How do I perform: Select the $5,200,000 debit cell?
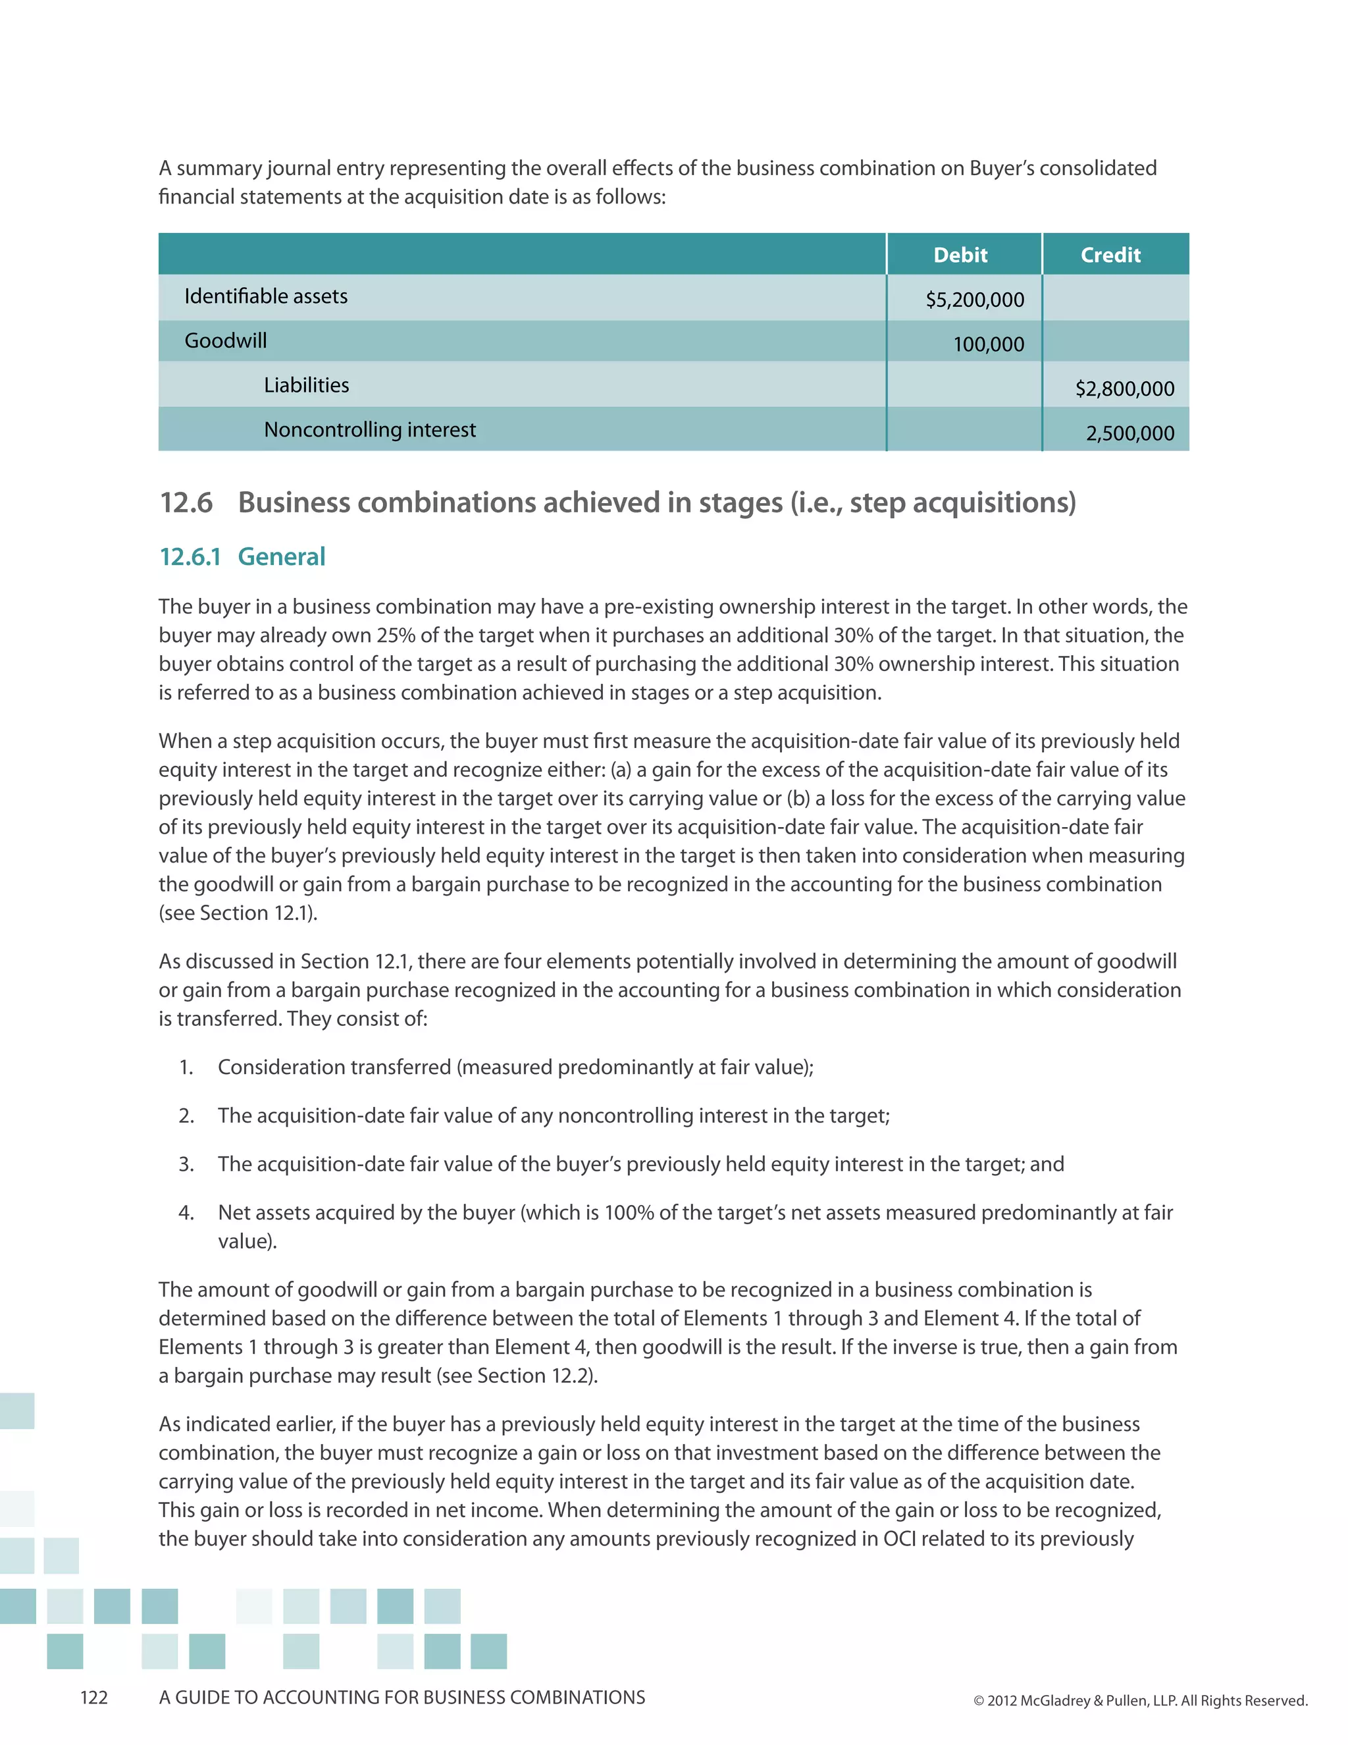click(974, 300)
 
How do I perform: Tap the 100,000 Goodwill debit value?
click(988, 344)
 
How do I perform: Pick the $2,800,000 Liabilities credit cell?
click(1124, 389)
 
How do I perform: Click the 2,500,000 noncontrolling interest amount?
click(1129, 434)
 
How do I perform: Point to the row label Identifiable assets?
click(266, 296)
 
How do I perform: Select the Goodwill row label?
click(226, 341)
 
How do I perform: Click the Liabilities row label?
click(307, 385)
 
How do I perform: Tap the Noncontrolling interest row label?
click(370, 430)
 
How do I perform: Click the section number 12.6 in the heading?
click(186, 502)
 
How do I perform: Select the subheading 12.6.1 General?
click(243, 557)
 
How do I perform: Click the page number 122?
click(93, 1698)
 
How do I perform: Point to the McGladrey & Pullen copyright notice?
click(1139, 1700)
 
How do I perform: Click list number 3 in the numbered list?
click(186, 1164)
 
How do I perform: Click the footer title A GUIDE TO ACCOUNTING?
click(402, 1698)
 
